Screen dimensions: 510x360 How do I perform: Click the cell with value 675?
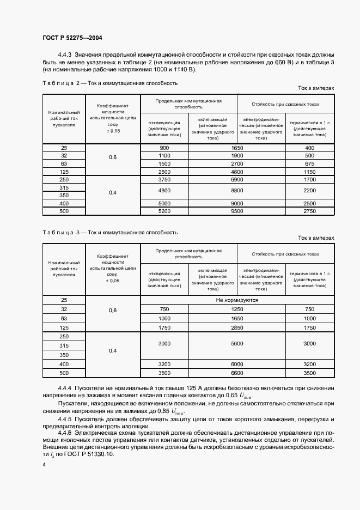[x=309, y=163]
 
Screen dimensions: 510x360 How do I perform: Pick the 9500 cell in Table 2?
[x=236, y=210]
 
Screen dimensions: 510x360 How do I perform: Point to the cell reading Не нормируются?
[x=237, y=300]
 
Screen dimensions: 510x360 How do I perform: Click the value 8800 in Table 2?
[x=236, y=191]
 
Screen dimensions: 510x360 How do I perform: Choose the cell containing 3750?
[x=164, y=179]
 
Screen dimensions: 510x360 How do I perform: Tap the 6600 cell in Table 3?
[x=236, y=373]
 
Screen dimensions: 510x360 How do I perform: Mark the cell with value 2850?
[x=236, y=327]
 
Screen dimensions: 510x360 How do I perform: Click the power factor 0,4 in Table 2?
[x=113, y=192]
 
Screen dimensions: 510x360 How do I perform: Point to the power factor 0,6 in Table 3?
[x=113, y=309]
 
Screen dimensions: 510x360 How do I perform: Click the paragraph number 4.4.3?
[x=65, y=55]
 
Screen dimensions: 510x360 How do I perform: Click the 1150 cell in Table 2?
[x=309, y=171]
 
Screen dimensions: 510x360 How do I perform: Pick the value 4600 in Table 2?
[x=236, y=171]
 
